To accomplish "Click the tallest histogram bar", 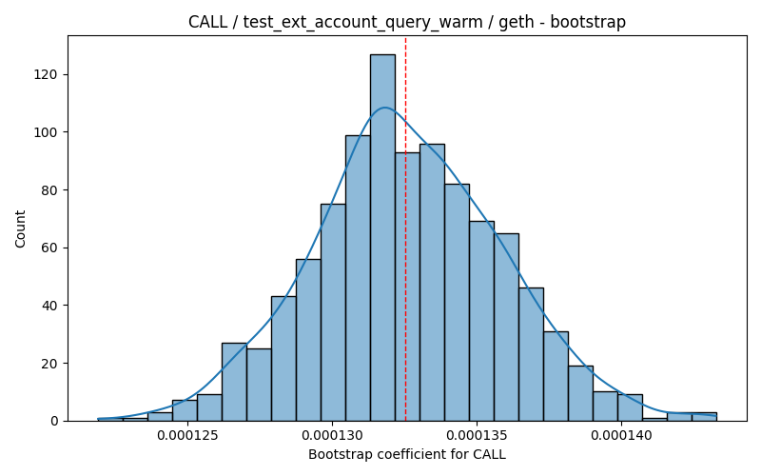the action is (x=382, y=237).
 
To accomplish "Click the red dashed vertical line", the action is (x=406, y=228).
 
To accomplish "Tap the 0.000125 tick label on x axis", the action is (x=187, y=436).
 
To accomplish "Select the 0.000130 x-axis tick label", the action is (x=332, y=436).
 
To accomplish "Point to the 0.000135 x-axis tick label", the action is (x=477, y=436).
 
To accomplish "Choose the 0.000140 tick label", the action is (x=621, y=436).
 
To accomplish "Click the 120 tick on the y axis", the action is (x=46, y=74).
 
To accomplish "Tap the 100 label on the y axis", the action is (x=46, y=132).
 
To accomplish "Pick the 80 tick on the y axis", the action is (x=49, y=189).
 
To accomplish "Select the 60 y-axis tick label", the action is (x=49, y=248).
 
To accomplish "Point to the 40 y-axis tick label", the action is (x=49, y=306).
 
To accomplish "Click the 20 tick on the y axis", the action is (x=49, y=364).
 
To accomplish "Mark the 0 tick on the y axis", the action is (x=53, y=421).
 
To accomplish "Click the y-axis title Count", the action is (x=20, y=228).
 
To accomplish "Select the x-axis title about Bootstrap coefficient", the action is (x=407, y=455).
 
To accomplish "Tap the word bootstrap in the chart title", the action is (x=588, y=22).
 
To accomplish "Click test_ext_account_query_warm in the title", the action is (x=362, y=22).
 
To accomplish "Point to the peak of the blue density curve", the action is (x=385, y=108).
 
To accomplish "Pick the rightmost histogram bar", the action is (x=704, y=417).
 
